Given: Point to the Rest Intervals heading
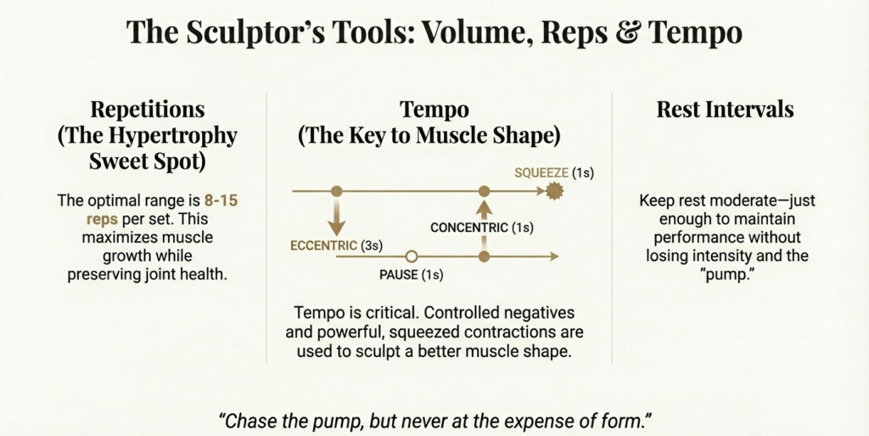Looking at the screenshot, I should [x=725, y=110].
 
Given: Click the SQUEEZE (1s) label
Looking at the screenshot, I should [x=553, y=173].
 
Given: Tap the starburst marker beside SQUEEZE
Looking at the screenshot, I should [x=556, y=192].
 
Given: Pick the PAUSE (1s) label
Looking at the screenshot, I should [x=411, y=275].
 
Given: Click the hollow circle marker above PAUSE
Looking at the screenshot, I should [x=411, y=256].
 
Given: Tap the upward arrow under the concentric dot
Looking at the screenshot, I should [x=484, y=209].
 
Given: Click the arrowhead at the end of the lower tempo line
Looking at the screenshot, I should [x=554, y=256].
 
